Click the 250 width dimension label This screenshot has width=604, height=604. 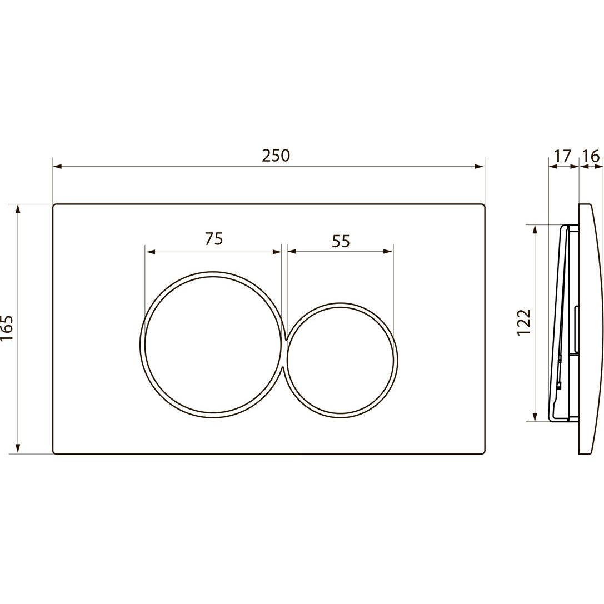coord(276,156)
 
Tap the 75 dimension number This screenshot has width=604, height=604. coord(214,239)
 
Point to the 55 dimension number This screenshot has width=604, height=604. coord(341,242)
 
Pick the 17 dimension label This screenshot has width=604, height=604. coord(563,156)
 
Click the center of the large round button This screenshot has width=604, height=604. coord(213,346)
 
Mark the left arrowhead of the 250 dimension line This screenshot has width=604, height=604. coord(57,166)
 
